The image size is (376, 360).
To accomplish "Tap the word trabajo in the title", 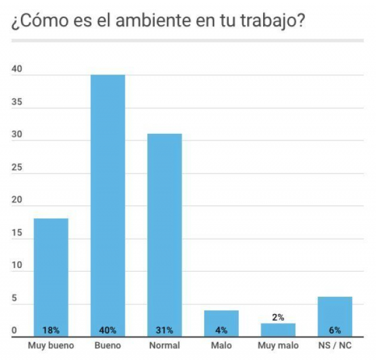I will (267, 22).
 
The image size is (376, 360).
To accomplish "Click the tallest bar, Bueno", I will (108, 204).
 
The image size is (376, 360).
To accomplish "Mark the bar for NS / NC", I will (335, 313).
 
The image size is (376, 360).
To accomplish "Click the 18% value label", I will (51, 330).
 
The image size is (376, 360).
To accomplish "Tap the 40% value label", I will (108, 330).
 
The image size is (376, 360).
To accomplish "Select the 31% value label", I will (164, 330).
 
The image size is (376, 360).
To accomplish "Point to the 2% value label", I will (278, 317).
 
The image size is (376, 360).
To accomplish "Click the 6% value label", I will (335, 330).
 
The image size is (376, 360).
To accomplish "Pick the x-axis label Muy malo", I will (278, 345).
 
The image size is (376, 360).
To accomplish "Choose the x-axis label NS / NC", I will (335, 345).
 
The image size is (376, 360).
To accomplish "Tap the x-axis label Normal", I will (164, 345).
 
